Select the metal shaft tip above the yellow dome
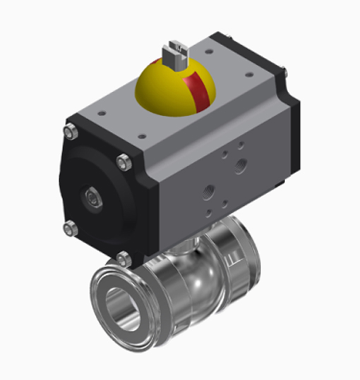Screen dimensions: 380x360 [x=175, y=52]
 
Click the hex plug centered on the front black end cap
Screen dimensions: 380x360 [x=92, y=196]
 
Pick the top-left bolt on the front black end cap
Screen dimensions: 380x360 [x=70, y=132]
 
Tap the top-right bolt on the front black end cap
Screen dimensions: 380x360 [x=124, y=162]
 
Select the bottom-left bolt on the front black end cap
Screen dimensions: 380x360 [x=69, y=227]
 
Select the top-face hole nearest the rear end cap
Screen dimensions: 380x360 [x=248, y=74]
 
